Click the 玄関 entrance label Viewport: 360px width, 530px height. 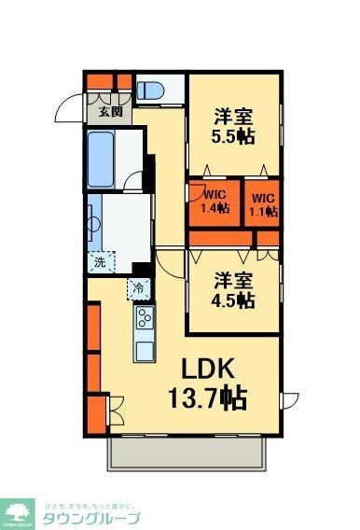coord(110,112)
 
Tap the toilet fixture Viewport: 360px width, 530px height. coord(150,91)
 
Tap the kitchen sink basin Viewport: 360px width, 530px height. coord(145,351)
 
